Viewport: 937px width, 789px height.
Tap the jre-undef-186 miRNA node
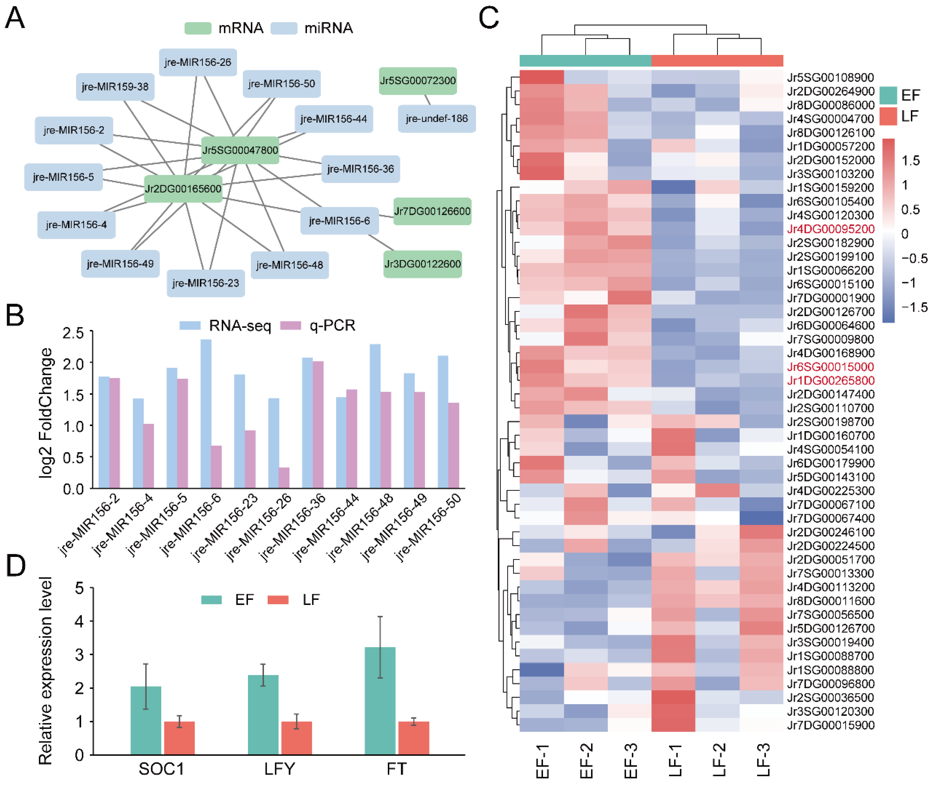[436, 119]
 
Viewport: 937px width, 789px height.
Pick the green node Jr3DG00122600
[422, 264]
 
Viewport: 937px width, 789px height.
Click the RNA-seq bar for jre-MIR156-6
[206, 414]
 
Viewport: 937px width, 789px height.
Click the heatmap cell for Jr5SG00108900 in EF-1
[542, 77]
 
